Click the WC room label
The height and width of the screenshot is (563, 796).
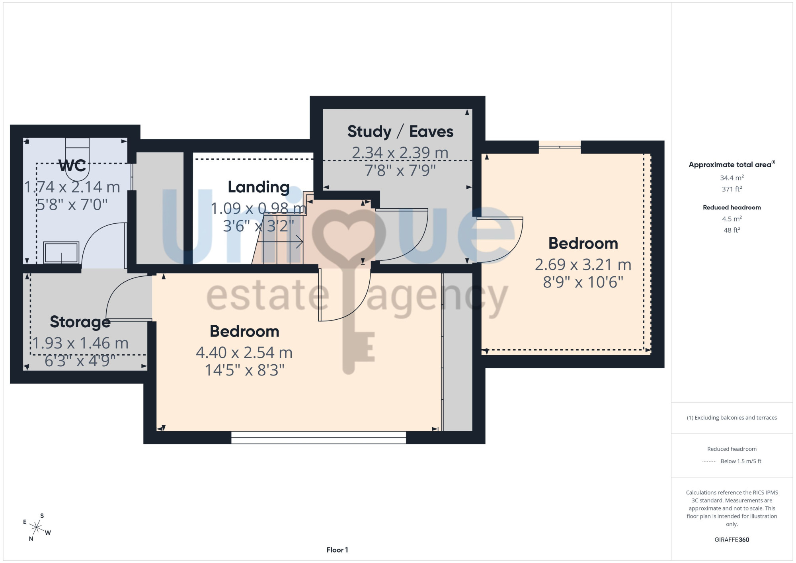72,166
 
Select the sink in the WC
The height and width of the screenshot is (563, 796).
61,252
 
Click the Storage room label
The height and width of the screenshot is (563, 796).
80,322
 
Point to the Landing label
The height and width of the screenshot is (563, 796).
259,187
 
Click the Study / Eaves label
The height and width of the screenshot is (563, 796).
400,131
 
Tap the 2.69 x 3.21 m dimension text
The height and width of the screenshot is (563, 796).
583,264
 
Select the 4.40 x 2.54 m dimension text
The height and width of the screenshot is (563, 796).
244,352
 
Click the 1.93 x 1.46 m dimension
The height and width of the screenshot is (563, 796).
80,343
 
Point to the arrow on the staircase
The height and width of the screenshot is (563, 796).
283,242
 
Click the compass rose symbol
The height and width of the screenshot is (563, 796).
37,528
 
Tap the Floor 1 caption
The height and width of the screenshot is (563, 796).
337,550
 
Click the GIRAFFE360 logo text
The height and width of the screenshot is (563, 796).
732,540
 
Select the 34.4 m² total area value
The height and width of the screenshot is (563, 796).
732,178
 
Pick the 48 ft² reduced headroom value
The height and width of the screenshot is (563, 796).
732,230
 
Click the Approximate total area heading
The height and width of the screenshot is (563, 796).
732,164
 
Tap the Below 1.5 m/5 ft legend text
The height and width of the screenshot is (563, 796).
741,461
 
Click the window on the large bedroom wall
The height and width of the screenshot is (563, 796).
318,437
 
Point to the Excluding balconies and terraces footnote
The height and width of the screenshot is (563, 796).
732,418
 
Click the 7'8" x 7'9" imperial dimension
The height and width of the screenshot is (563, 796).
400,171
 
